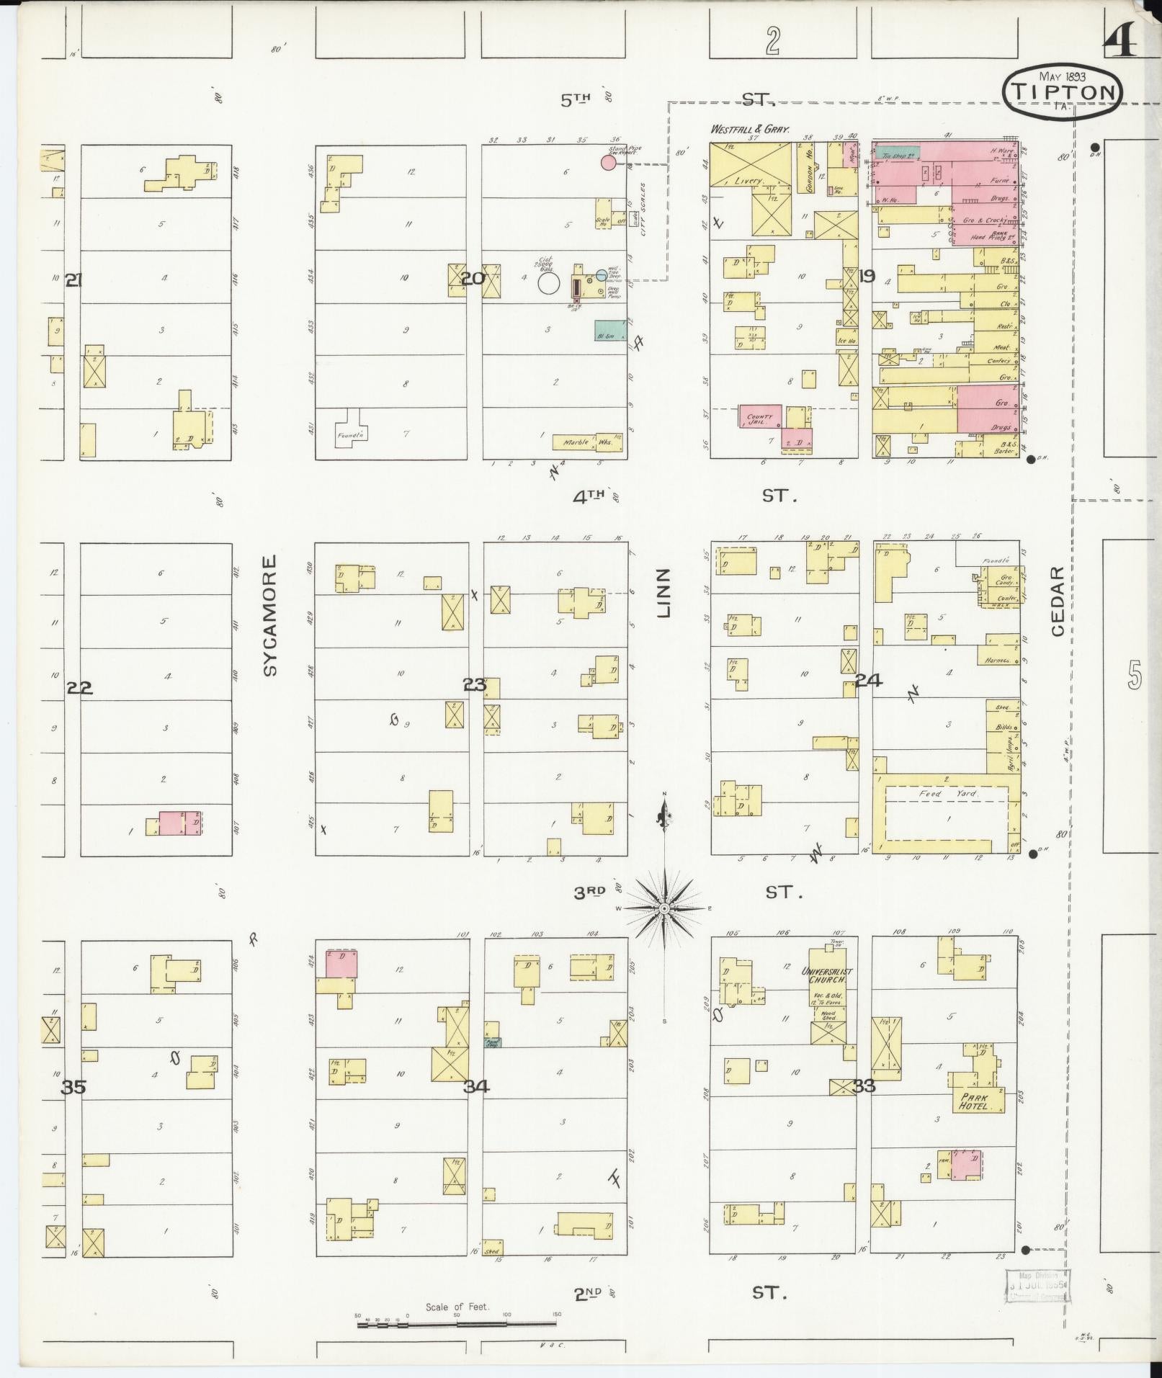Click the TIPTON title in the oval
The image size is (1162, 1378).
click(1063, 91)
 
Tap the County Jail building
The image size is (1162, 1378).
click(760, 417)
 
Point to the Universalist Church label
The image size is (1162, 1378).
click(827, 975)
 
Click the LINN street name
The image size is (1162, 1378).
click(663, 592)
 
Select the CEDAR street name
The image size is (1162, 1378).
click(1057, 601)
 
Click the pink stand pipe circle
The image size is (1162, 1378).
click(608, 162)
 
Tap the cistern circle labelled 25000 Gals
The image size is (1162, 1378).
click(548, 282)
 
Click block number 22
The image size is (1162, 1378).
click(79, 688)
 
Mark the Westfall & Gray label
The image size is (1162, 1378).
click(749, 130)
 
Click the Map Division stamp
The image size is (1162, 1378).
click(1037, 1286)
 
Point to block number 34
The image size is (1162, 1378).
click(475, 1086)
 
